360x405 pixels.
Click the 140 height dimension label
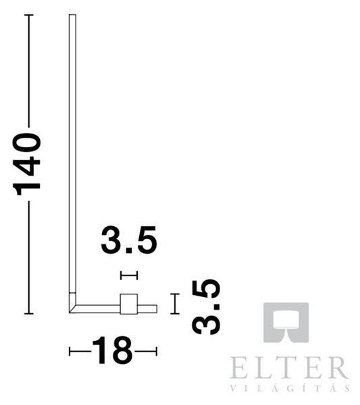(x=26, y=164)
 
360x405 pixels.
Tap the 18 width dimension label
(x=112, y=350)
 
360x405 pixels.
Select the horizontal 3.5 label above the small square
(x=129, y=240)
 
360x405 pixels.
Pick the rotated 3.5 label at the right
(x=206, y=307)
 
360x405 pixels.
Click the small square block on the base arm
(x=129, y=304)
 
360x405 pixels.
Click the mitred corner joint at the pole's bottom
(x=72, y=306)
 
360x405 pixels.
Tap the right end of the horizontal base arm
(x=157, y=309)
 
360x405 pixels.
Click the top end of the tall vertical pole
(x=72, y=15)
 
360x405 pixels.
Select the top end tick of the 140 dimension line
(x=28, y=16)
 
